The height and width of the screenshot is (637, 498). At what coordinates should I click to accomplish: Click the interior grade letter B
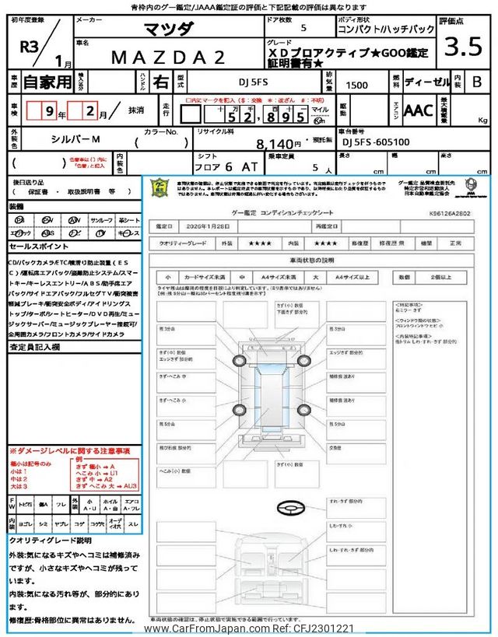coord(477,80)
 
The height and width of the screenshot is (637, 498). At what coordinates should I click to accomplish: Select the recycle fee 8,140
coord(279,143)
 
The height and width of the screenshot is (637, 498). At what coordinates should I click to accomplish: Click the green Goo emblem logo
coord(160,189)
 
